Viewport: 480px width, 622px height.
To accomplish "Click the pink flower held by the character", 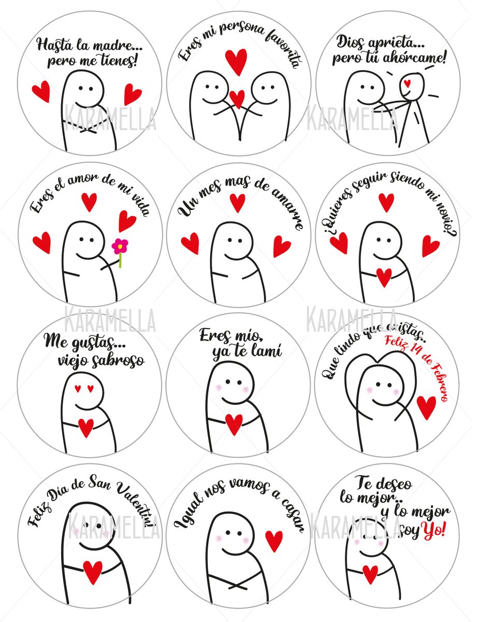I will click(120, 245).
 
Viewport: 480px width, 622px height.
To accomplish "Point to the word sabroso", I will click(115, 360).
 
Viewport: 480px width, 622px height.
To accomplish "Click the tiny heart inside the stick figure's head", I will click(408, 82).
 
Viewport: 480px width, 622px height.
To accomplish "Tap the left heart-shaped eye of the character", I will click(78, 388).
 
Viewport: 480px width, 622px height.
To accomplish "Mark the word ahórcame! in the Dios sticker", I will click(414, 57).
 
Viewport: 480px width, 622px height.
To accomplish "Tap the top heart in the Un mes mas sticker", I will click(237, 202).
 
